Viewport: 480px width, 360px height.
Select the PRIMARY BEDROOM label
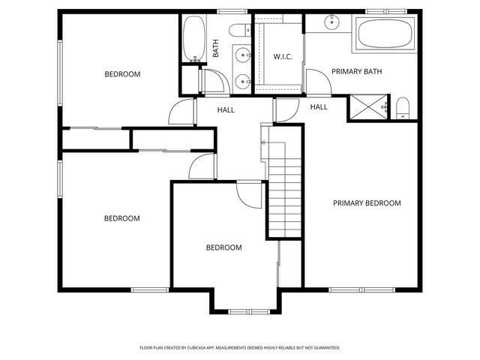(x=367, y=203)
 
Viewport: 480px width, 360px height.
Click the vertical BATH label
(x=216, y=49)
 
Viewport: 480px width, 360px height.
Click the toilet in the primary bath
(x=403, y=109)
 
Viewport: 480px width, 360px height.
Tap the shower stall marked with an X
(x=367, y=108)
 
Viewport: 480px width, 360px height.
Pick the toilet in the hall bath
(x=241, y=31)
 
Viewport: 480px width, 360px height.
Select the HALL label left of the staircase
(x=226, y=110)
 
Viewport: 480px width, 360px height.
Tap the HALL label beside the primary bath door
(x=319, y=107)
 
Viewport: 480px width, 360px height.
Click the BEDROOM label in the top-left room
(x=122, y=74)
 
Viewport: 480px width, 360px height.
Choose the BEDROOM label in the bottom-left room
(x=122, y=219)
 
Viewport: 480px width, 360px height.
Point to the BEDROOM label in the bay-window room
(x=224, y=247)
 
